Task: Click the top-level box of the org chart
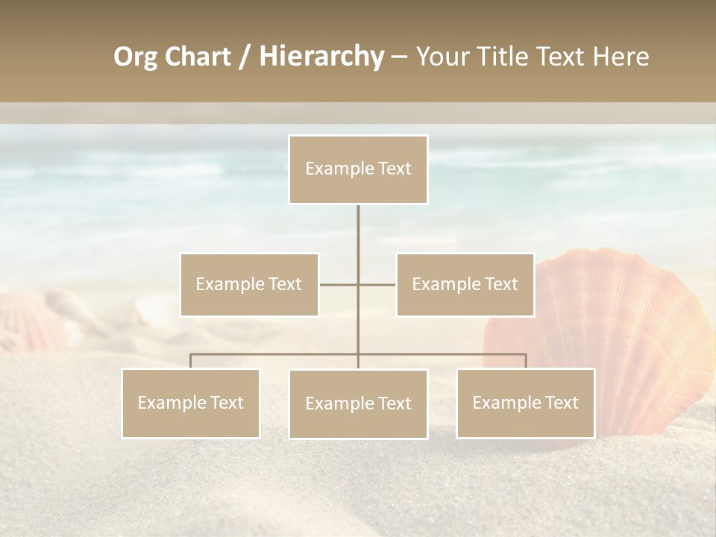358,169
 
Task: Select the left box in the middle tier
249,284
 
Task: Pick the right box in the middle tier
465,284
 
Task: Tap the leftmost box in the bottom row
191,403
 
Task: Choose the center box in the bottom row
358,403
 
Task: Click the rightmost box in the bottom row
525,403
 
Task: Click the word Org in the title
135,57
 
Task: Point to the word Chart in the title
198,57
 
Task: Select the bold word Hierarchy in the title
321,57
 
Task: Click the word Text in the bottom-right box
561,403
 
